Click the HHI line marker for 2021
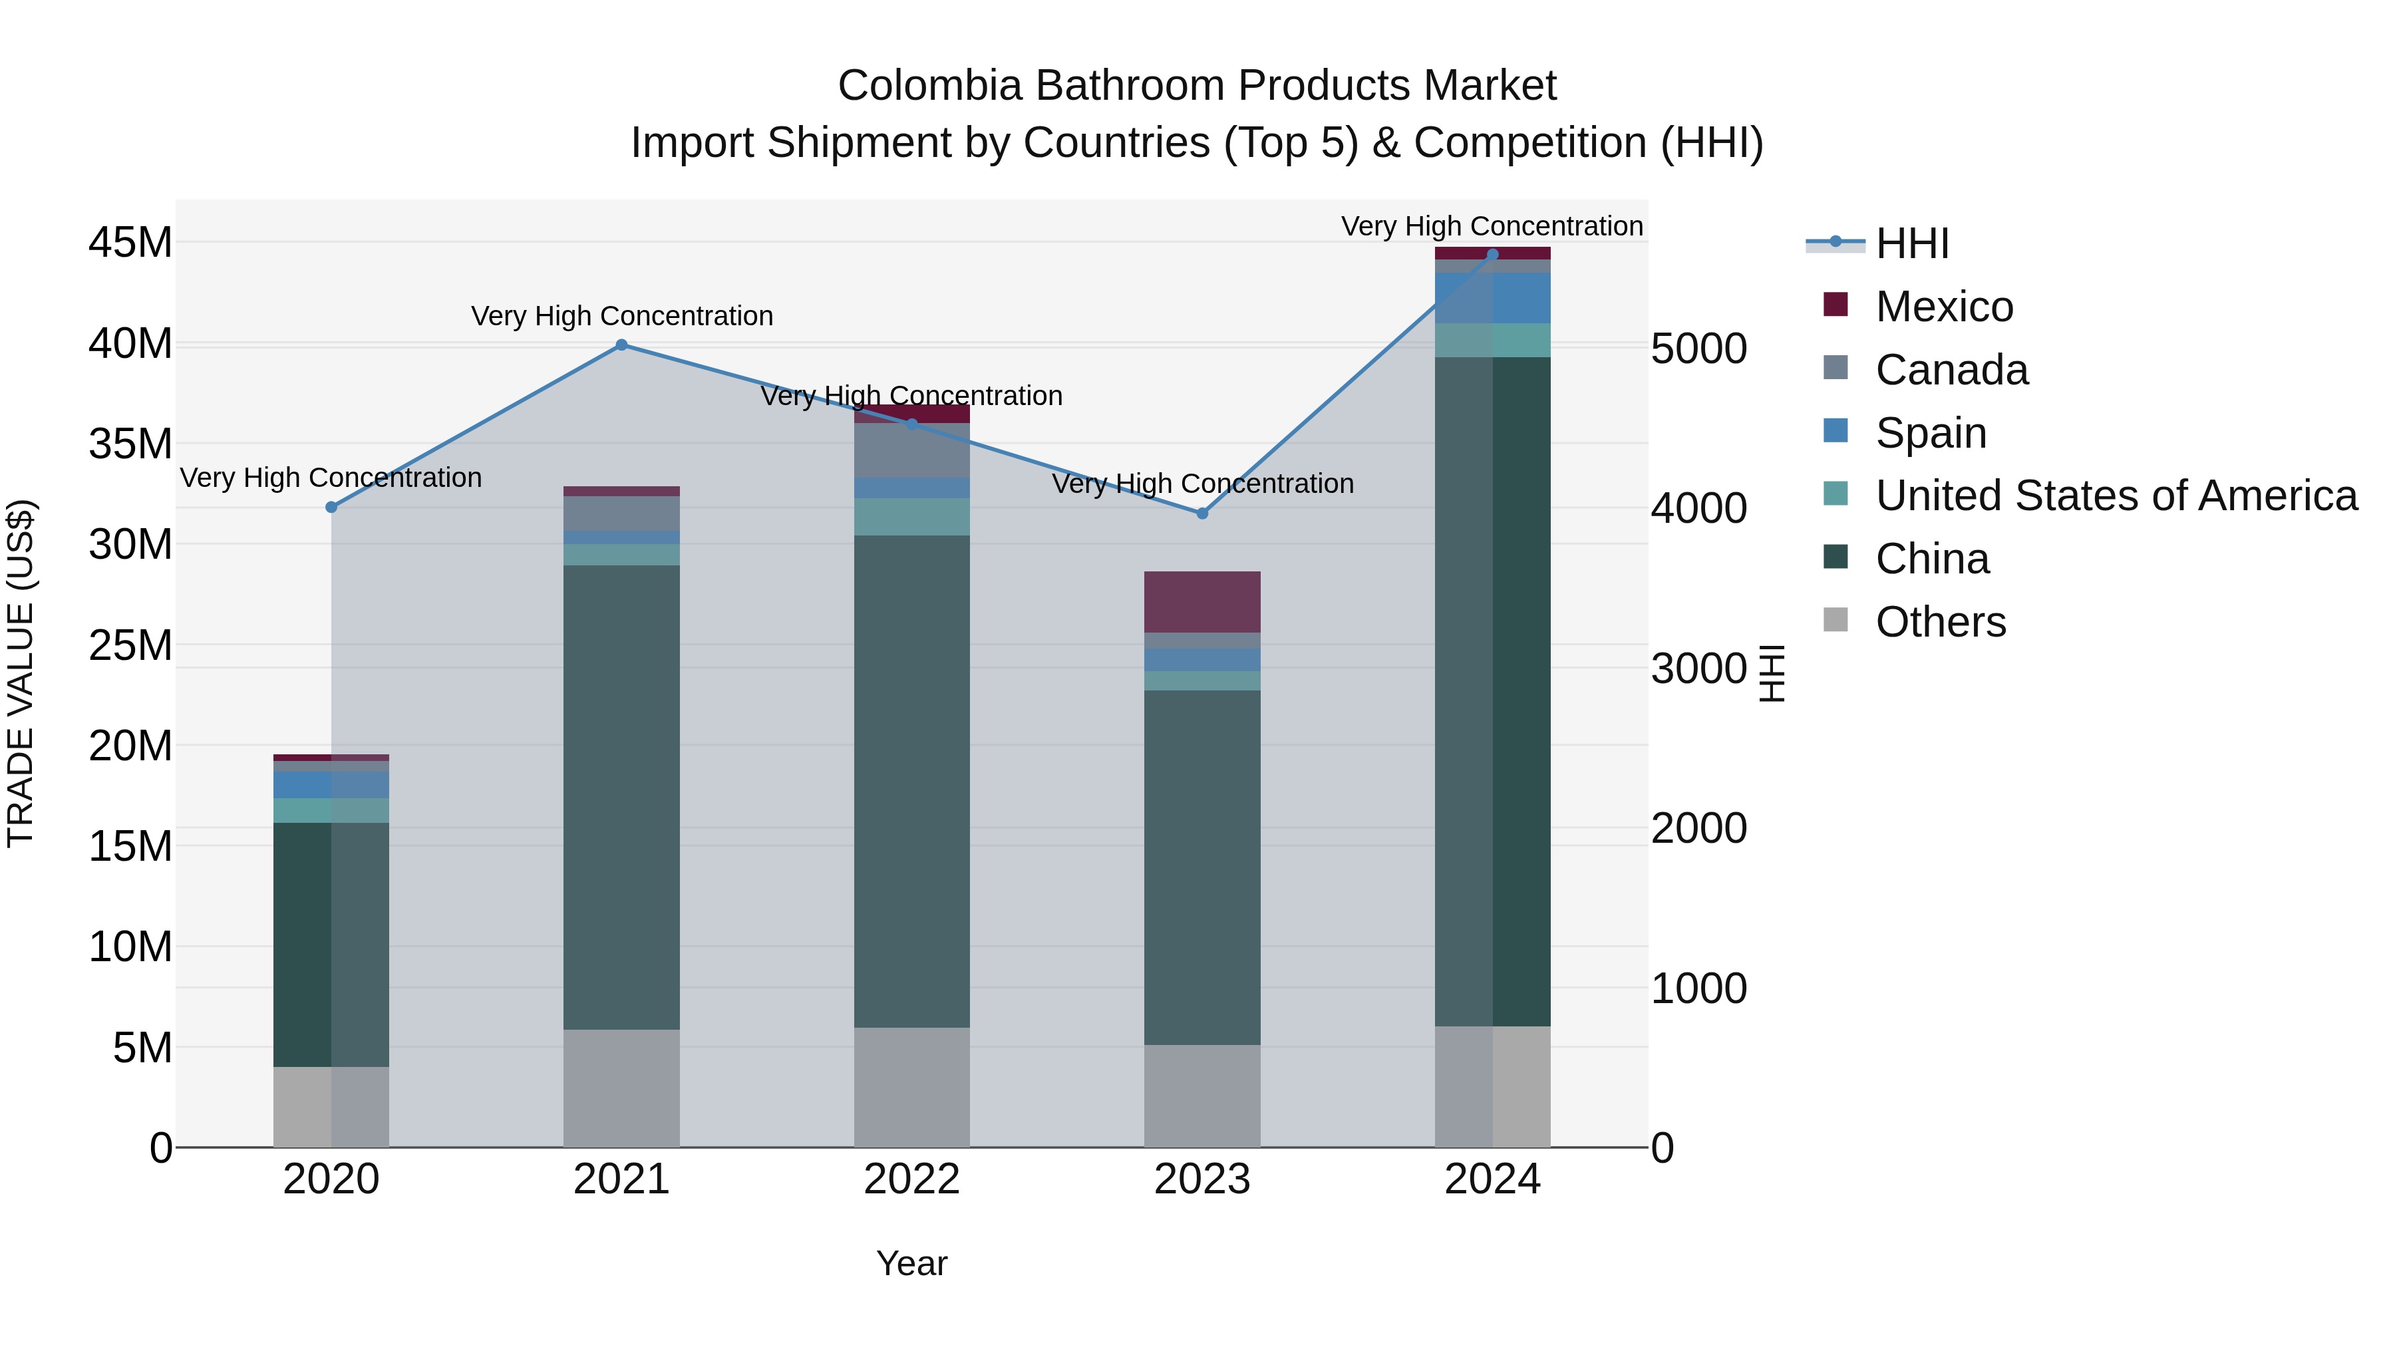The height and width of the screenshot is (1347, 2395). click(x=622, y=345)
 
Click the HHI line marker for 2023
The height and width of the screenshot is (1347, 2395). click(x=1202, y=513)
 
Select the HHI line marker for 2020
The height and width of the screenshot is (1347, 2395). click(x=331, y=507)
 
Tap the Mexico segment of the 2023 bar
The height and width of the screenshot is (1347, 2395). click(x=1202, y=601)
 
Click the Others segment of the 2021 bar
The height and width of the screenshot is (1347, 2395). click(x=622, y=1088)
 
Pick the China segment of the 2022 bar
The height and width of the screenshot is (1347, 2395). click(x=912, y=781)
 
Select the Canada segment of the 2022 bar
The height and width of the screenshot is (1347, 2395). click(x=912, y=451)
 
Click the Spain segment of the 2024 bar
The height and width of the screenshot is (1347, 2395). click(x=1492, y=297)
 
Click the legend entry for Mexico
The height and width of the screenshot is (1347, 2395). click(x=1943, y=307)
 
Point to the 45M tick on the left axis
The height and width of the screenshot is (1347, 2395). click(x=130, y=243)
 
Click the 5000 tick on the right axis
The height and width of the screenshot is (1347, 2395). click(x=1698, y=349)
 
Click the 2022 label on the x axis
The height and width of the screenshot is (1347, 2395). click(x=912, y=1179)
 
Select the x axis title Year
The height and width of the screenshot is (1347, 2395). click(x=912, y=1263)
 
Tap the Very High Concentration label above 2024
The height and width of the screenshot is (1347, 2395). click(x=1492, y=226)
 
